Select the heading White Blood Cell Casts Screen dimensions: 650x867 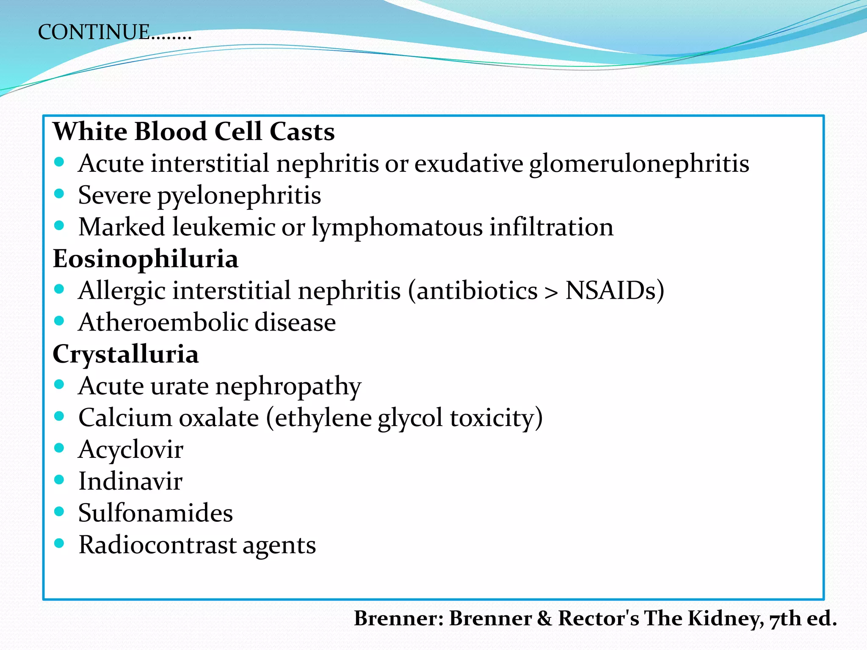point(193,131)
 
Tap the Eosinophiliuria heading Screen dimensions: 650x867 point(145,259)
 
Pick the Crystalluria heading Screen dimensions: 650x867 point(125,354)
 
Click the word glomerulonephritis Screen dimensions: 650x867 point(639,164)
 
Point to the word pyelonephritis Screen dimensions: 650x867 point(239,196)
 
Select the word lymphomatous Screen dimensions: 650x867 point(397,227)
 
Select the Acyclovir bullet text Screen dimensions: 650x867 point(131,449)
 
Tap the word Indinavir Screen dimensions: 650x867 point(130,481)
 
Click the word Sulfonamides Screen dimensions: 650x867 point(155,513)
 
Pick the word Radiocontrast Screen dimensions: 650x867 point(157,545)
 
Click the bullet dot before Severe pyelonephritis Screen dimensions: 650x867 point(59,194)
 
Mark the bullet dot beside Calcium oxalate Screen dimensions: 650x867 point(59,416)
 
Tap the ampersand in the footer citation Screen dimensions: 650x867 point(545,619)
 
